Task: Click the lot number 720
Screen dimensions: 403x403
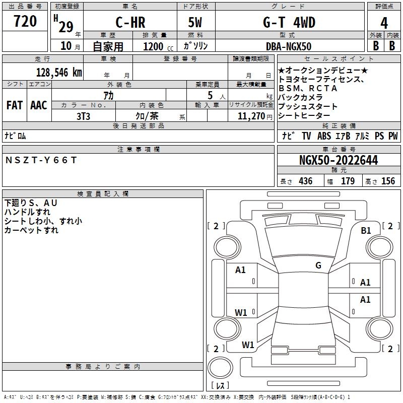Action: click(25, 21)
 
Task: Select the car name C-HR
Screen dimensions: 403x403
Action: click(130, 22)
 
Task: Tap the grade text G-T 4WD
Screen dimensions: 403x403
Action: click(289, 22)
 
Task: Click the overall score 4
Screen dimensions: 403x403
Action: click(384, 23)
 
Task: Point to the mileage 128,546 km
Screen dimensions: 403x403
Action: click(59, 73)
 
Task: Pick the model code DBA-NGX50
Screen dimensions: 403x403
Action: click(289, 46)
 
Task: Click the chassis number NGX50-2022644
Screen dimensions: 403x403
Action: click(339, 160)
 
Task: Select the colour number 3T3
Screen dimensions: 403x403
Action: click(83, 116)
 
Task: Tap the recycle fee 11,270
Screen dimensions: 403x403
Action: click(251, 116)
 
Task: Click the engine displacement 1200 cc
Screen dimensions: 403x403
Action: click(158, 46)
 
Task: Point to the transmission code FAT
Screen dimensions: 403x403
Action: click(15, 105)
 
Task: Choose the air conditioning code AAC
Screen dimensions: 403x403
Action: click(39, 105)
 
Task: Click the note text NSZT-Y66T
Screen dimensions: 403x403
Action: click(41, 160)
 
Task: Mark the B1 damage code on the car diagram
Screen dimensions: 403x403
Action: click(366, 231)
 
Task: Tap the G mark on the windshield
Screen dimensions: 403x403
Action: click(318, 265)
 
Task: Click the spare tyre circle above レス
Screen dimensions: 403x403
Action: click(220, 368)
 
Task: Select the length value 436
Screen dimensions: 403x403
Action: click(306, 181)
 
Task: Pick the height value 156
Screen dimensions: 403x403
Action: click(388, 181)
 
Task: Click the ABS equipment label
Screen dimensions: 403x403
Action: click(324, 136)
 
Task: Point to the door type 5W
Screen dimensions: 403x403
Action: click(195, 22)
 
